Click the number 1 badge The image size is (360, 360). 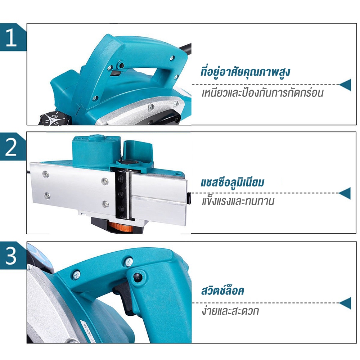coord(11,37)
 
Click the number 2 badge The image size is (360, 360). coord(11,147)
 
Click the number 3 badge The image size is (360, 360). coord(11,256)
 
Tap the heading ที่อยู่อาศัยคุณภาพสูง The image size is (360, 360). coord(245,72)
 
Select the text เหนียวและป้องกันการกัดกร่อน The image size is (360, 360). coord(262,93)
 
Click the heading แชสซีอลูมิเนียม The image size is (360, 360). coord(232,183)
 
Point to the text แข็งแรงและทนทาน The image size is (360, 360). coord(238,201)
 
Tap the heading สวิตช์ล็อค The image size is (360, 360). coord(222,290)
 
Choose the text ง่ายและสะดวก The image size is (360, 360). coord(230,311)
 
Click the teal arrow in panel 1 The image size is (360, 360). coord(345,85)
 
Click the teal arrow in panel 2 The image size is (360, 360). coord(345,193)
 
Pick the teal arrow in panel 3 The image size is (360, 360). coord(345,303)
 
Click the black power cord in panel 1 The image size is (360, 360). coord(185,48)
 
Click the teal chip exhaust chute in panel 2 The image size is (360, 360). coord(137,152)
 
